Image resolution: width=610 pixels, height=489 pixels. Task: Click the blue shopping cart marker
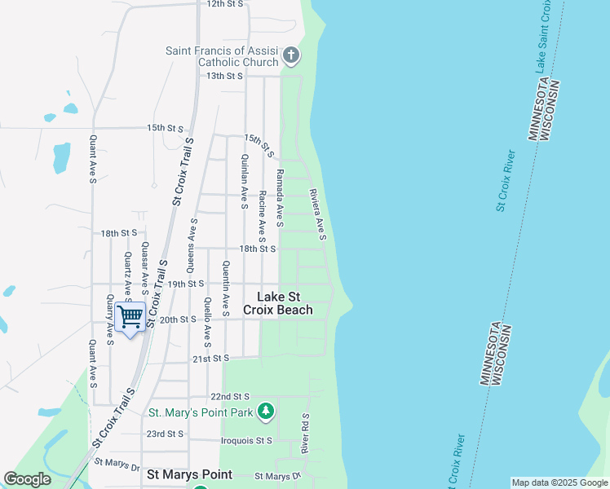click(x=130, y=316)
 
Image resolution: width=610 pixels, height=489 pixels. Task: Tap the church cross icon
click(x=291, y=56)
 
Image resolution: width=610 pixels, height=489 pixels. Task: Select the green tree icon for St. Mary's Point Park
click(x=264, y=412)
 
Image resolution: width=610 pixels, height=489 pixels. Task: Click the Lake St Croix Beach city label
click(x=278, y=303)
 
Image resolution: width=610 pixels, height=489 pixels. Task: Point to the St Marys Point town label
click(x=189, y=474)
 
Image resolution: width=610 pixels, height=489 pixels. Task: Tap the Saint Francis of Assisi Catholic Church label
click(x=222, y=56)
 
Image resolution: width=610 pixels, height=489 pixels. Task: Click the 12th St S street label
click(x=225, y=4)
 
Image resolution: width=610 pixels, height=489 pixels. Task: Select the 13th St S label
click(x=225, y=76)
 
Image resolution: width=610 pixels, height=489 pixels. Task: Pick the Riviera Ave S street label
click(x=317, y=214)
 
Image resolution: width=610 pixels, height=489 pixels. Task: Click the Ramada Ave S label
click(x=280, y=197)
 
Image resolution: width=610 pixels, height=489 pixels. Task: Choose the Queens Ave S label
click(x=192, y=244)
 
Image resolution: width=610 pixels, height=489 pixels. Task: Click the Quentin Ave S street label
click(x=225, y=283)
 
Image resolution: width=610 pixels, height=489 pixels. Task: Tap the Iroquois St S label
click(x=246, y=441)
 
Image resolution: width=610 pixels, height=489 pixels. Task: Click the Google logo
click(x=27, y=479)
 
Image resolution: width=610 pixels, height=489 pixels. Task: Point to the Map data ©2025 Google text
click(x=560, y=482)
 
